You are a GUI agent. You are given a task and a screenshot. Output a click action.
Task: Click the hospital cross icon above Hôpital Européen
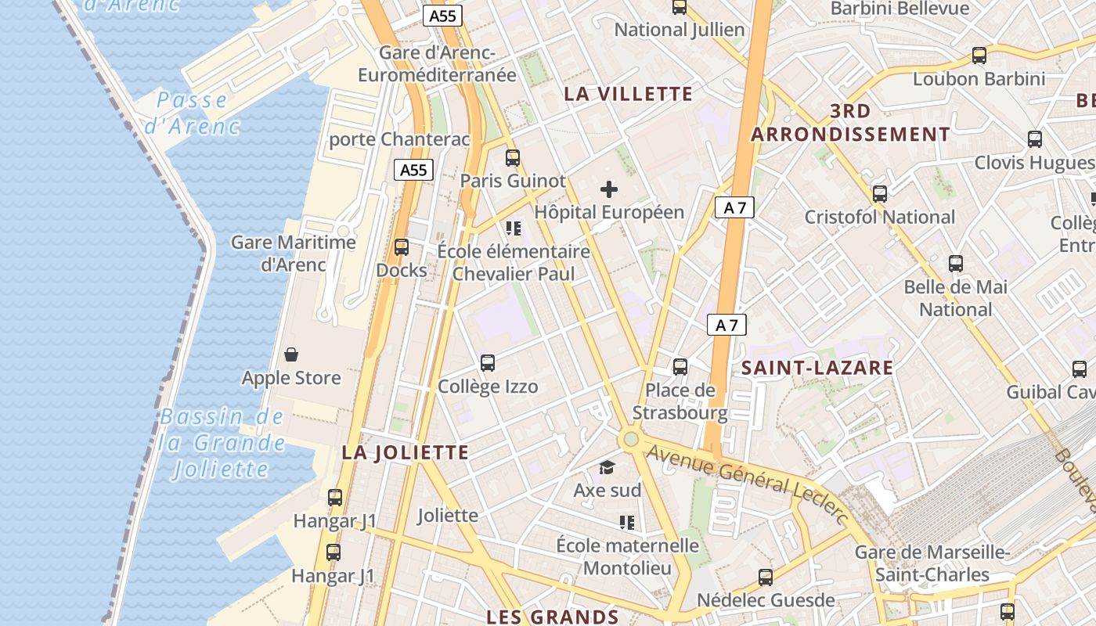608,189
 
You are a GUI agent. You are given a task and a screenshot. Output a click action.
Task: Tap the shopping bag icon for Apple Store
291,355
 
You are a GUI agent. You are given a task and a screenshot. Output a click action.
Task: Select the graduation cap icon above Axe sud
607,468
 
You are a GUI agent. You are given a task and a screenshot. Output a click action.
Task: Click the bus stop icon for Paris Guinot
513,158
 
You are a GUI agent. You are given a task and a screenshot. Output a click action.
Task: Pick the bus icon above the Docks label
402,247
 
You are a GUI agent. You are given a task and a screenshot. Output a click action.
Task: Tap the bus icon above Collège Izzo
488,363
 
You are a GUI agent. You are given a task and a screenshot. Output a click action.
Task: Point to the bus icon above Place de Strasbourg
680,366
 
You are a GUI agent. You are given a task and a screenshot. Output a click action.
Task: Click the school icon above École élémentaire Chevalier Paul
514,228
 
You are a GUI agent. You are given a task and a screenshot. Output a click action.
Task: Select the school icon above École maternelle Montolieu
627,522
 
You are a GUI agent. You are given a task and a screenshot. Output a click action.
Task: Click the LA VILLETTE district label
629,95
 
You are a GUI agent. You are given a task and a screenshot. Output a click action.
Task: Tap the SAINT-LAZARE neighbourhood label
817,368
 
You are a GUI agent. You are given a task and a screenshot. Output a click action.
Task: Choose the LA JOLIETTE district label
406,452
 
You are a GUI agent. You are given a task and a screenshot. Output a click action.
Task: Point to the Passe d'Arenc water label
192,113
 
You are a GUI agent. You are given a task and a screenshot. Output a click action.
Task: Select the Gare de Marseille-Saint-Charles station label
932,563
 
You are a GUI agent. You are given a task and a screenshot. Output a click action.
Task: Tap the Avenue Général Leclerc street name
748,484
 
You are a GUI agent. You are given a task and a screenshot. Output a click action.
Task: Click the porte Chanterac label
399,139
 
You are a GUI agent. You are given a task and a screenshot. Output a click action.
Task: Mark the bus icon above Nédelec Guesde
766,577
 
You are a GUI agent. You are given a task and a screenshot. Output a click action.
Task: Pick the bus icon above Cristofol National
880,194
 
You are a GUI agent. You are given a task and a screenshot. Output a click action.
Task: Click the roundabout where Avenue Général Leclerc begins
630,439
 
